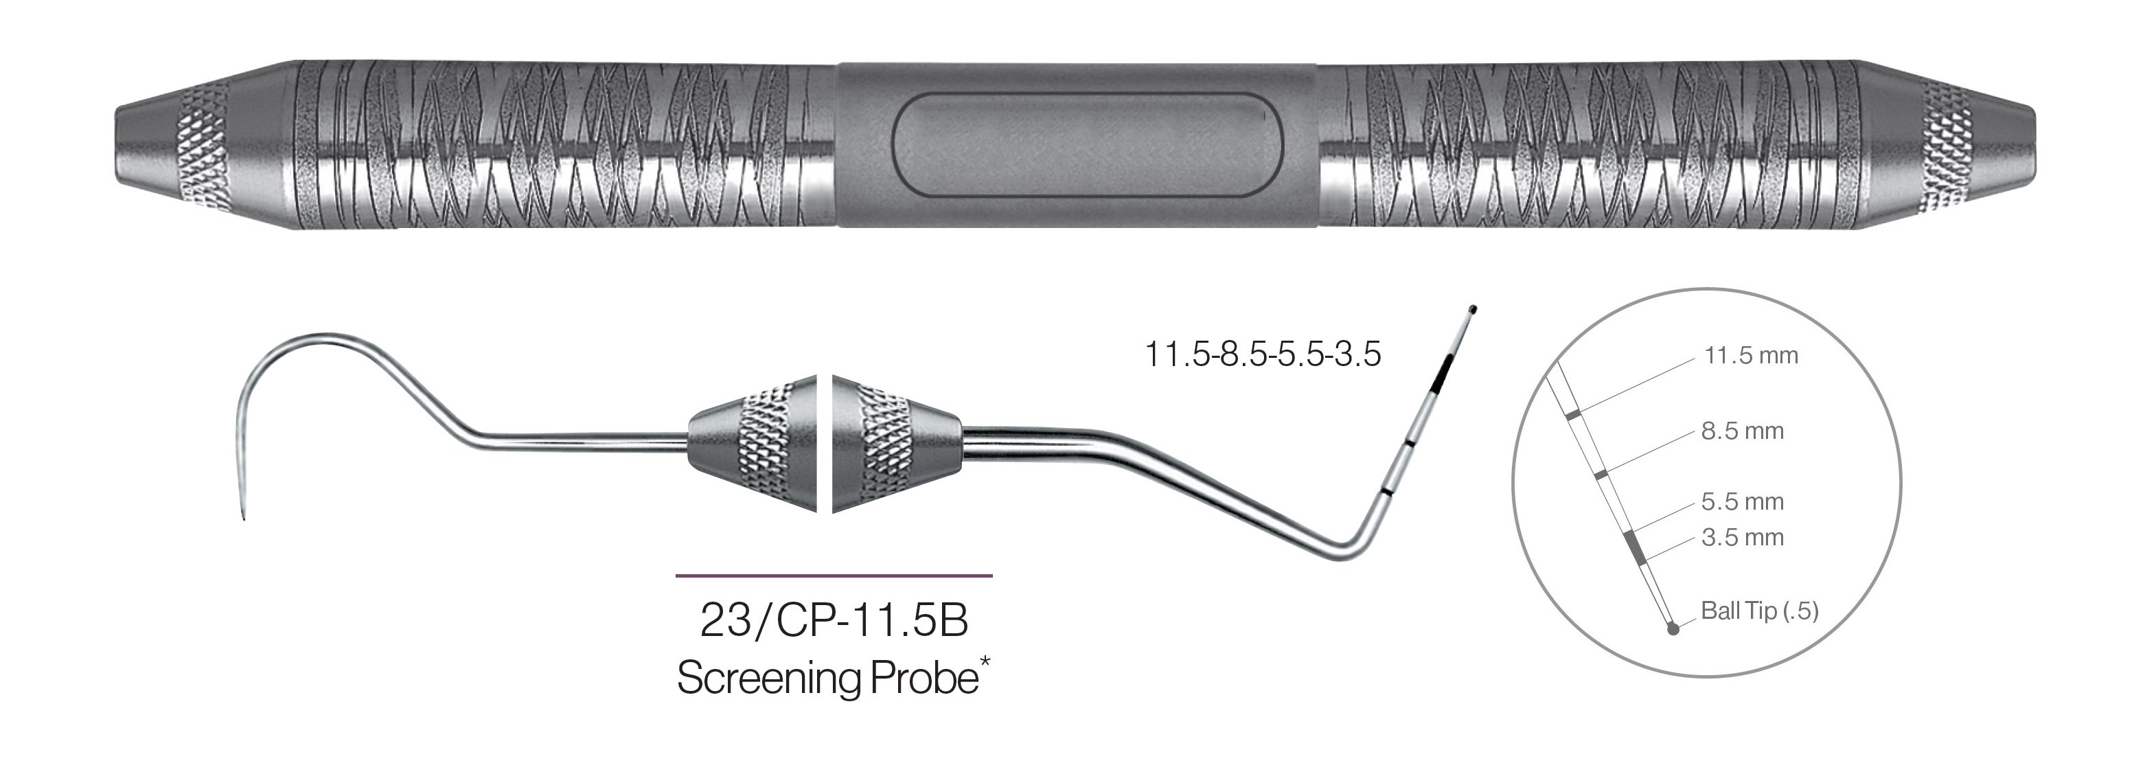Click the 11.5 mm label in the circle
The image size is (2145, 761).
coord(1750,356)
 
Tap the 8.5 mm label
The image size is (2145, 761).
coord(1742,432)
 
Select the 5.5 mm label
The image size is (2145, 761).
coord(1742,502)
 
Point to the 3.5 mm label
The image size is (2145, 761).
coord(1742,538)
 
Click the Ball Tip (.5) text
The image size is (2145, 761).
coord(1758,611)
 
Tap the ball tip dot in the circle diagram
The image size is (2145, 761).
coord(1675,629)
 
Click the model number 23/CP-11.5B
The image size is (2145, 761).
coord(834,620)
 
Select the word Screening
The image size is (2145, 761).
coord(770,678)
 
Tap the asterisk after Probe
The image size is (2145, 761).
coord(986,663)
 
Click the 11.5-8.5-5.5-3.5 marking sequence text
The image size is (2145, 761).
coord(1263,354)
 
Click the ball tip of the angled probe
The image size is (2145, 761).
coord(1472,310)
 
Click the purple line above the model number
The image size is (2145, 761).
coord(834,576)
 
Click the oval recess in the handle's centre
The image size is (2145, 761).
coord(1087,145)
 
